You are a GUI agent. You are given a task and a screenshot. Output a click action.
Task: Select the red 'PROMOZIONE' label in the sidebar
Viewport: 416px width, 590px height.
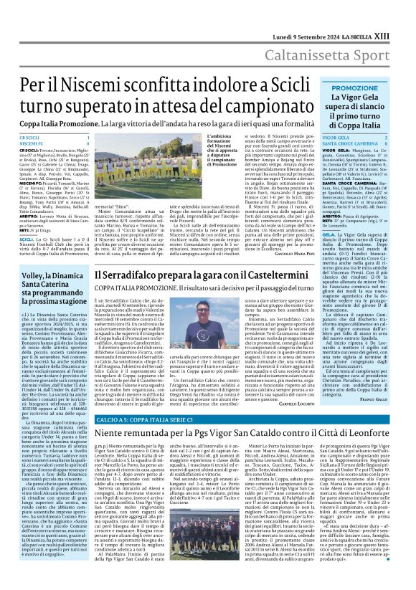pos(354,87)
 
